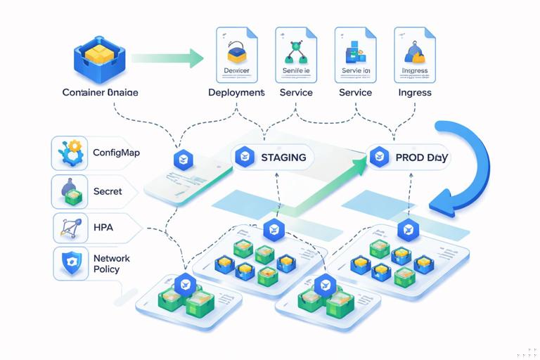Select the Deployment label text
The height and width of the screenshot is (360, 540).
[236, 92]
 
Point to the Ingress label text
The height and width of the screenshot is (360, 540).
[414, 92]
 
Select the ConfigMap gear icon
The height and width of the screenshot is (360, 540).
[70, 153]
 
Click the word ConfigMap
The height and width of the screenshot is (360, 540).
[116, 153]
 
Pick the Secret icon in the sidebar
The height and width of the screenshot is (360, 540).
[70, 191]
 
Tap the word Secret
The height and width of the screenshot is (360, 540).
[108, 191]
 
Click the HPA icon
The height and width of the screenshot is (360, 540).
[70, 229]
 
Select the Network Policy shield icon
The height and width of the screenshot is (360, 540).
[70, 263]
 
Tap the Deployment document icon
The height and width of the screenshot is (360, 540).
[236, 56]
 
